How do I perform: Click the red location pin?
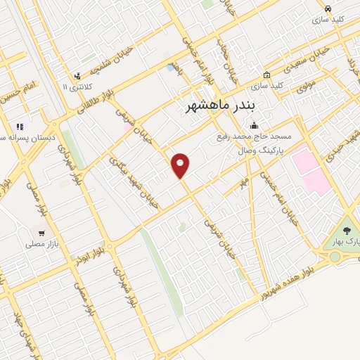(x=181, y=165)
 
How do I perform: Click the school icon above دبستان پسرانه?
(x=19, y=127)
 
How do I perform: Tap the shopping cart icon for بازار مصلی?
(x=42, y=232)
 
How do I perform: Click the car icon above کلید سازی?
(x=328, y=8)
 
